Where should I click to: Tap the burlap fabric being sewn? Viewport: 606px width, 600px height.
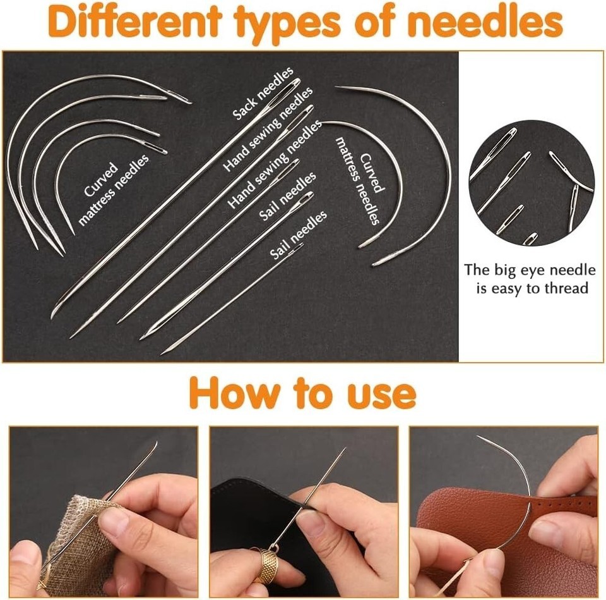coord(75,542)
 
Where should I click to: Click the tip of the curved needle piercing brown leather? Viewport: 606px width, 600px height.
coord(477,436)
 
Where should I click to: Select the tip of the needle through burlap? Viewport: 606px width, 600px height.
coord(157,442)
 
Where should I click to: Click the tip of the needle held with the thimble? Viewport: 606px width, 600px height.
coord(345,448)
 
